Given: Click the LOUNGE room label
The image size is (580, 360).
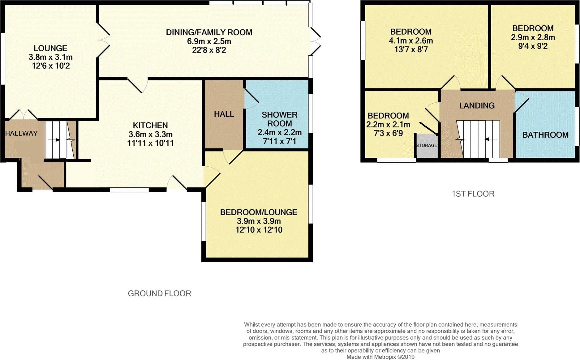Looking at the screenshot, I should coord(50,48).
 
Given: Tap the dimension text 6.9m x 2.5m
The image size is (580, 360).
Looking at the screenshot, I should coord(209,41).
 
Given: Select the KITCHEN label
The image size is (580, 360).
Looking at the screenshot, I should coord(150,125).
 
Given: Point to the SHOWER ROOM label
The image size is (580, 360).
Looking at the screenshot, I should coord(279,119).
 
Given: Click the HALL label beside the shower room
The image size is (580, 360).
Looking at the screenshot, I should coord(224,114).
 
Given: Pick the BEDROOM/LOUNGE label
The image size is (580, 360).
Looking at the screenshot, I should coord(258,212).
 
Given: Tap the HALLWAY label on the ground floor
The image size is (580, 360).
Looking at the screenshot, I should coord(21,133).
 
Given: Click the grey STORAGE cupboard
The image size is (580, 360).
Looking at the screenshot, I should coord(426,146).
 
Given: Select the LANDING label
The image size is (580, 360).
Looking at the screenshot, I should coord(477,106).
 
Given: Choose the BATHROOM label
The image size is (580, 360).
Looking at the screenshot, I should coord(545,135).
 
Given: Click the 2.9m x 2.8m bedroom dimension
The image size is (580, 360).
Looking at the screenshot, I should coord(533,37).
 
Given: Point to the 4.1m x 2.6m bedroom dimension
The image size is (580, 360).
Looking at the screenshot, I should coord(411,41).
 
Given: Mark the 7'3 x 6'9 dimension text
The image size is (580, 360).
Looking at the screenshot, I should coord(388,133).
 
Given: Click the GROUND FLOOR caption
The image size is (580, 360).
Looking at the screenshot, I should coord(159,294).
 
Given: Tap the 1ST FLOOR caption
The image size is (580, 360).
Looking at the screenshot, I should coord(473,194).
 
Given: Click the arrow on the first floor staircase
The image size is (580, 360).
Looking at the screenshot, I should coord(490,139).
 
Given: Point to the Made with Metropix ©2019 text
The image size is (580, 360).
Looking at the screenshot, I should coord(380,357).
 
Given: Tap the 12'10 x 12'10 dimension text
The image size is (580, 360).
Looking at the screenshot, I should coord(258,230).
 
